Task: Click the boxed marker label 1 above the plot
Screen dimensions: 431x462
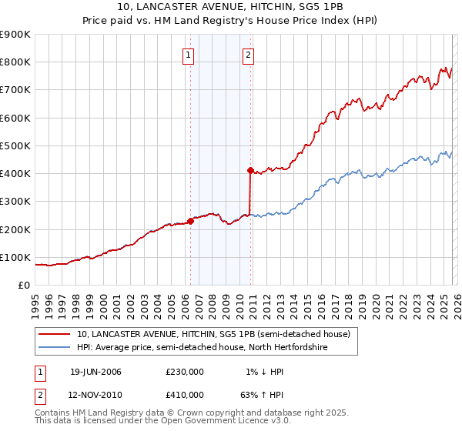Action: [189, 55]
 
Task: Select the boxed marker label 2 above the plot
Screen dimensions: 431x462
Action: [249, 55]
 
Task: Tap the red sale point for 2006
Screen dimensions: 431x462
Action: [190, 222]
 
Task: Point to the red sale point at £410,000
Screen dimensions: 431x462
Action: [250, 171]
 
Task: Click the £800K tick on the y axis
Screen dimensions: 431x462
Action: [15, 62]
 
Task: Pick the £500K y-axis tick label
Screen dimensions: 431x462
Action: [15, 146]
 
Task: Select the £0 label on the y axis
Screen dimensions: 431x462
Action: [23, 286]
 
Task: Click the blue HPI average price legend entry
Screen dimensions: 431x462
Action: [202, 348]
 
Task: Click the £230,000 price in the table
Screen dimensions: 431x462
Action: [185, 372]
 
